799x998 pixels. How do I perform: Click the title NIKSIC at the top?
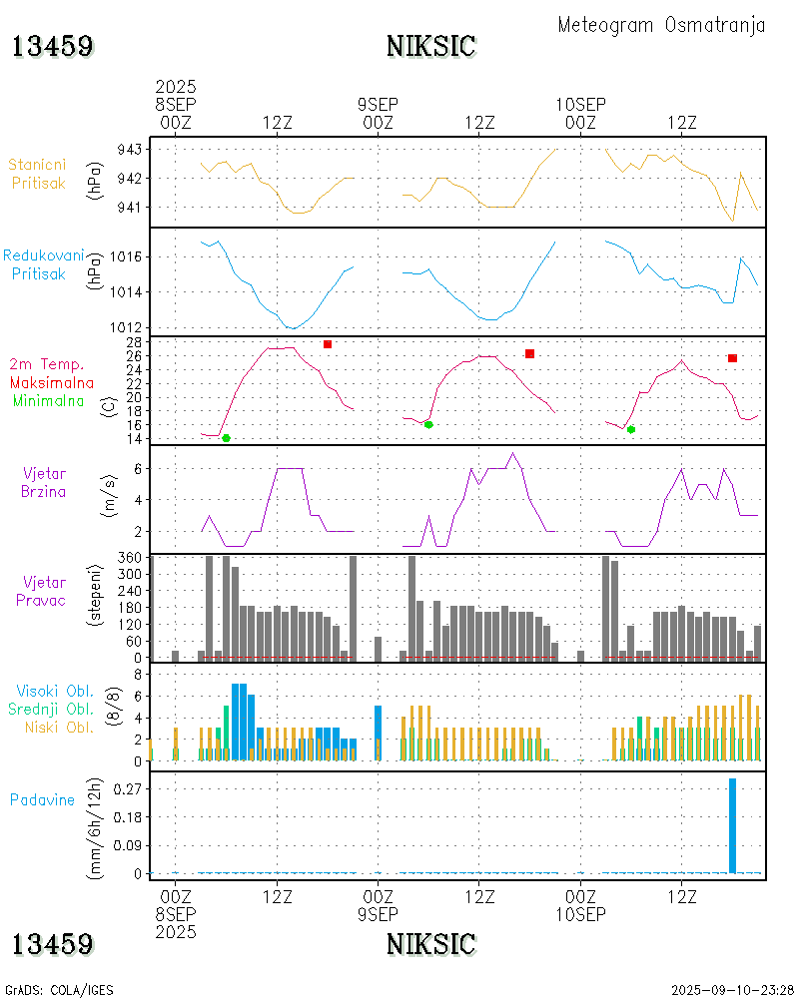(430, 46)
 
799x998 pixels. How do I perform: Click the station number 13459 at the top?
(53, 46)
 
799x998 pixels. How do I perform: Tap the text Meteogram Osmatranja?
(661, 25)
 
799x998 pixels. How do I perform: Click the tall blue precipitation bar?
(732, 825)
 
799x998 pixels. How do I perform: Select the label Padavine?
(42, 799)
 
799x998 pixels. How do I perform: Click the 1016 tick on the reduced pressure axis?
(127, 256)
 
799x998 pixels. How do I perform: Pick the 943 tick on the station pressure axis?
(130, 149)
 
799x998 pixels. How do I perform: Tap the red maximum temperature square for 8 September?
(327, 344)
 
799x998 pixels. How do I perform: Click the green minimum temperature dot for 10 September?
(630, 429)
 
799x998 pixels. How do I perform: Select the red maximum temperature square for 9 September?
(529, 353)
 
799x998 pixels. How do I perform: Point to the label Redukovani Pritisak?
(42, 264)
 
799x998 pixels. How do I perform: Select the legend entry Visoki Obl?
(55, 691)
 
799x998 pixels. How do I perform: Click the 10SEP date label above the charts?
(581, 105)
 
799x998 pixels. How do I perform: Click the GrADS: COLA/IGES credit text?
(59, 990)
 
